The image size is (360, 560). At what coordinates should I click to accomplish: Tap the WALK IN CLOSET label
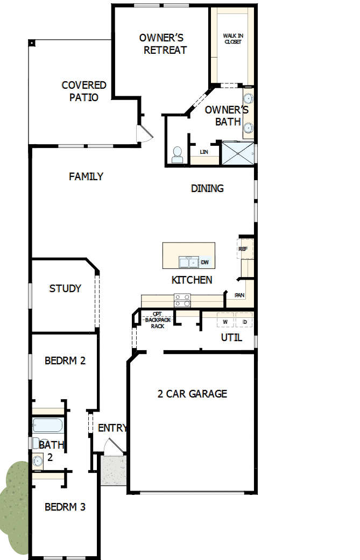[x=232, y=39]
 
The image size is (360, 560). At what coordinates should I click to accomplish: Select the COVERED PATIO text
[x=84, y=91]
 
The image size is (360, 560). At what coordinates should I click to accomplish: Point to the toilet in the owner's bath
[x=177, y=155]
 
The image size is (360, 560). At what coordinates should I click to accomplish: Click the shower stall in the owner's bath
[x=239, y=153]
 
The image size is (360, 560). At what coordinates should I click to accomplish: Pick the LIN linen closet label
[x=204, y=152]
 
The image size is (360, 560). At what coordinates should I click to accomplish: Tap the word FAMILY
[x=86, y=176]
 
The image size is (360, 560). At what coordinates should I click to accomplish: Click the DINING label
[x=207, y=188]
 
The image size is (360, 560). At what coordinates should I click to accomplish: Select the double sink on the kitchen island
[x=188, y=263]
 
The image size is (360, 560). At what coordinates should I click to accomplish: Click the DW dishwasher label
[x=204, y=263]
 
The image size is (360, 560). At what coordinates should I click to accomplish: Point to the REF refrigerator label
[x=243, y=249]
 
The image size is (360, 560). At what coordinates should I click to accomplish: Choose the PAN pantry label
[x=239, y=295]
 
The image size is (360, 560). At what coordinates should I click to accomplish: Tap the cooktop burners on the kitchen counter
[x=182, y=300]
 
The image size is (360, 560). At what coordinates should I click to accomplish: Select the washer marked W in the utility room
[x=226, y=322]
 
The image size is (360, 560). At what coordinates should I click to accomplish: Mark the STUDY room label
[x=65, y=288]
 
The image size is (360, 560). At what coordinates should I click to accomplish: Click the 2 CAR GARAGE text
[x=192, y=394]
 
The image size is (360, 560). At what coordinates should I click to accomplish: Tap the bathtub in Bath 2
[x=48, y=426]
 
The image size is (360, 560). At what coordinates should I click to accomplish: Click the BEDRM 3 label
[x=65, y=507]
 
